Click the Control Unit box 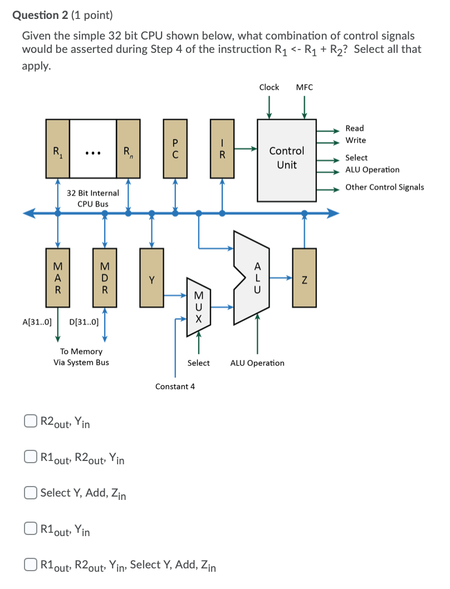[286, 159]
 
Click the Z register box [304, 277]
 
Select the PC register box [175, 149]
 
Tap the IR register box [222, 149]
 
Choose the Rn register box [128, 149]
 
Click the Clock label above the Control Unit [269, 87]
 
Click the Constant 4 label [175, 386]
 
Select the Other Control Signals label [384, 187]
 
